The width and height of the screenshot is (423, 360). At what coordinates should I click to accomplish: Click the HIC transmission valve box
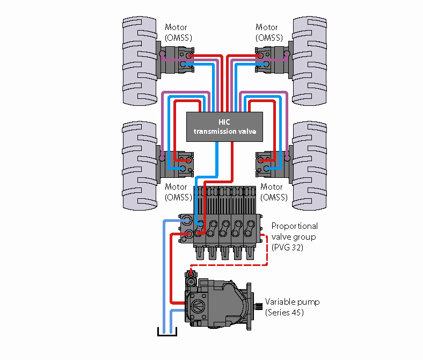224,127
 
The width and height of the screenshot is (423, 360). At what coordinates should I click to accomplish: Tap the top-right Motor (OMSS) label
267,32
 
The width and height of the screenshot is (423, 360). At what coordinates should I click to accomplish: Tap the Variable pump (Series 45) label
292,307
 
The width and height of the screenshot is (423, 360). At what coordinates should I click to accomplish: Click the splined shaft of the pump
256,303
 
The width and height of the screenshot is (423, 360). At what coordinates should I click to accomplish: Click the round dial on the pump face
195,307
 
